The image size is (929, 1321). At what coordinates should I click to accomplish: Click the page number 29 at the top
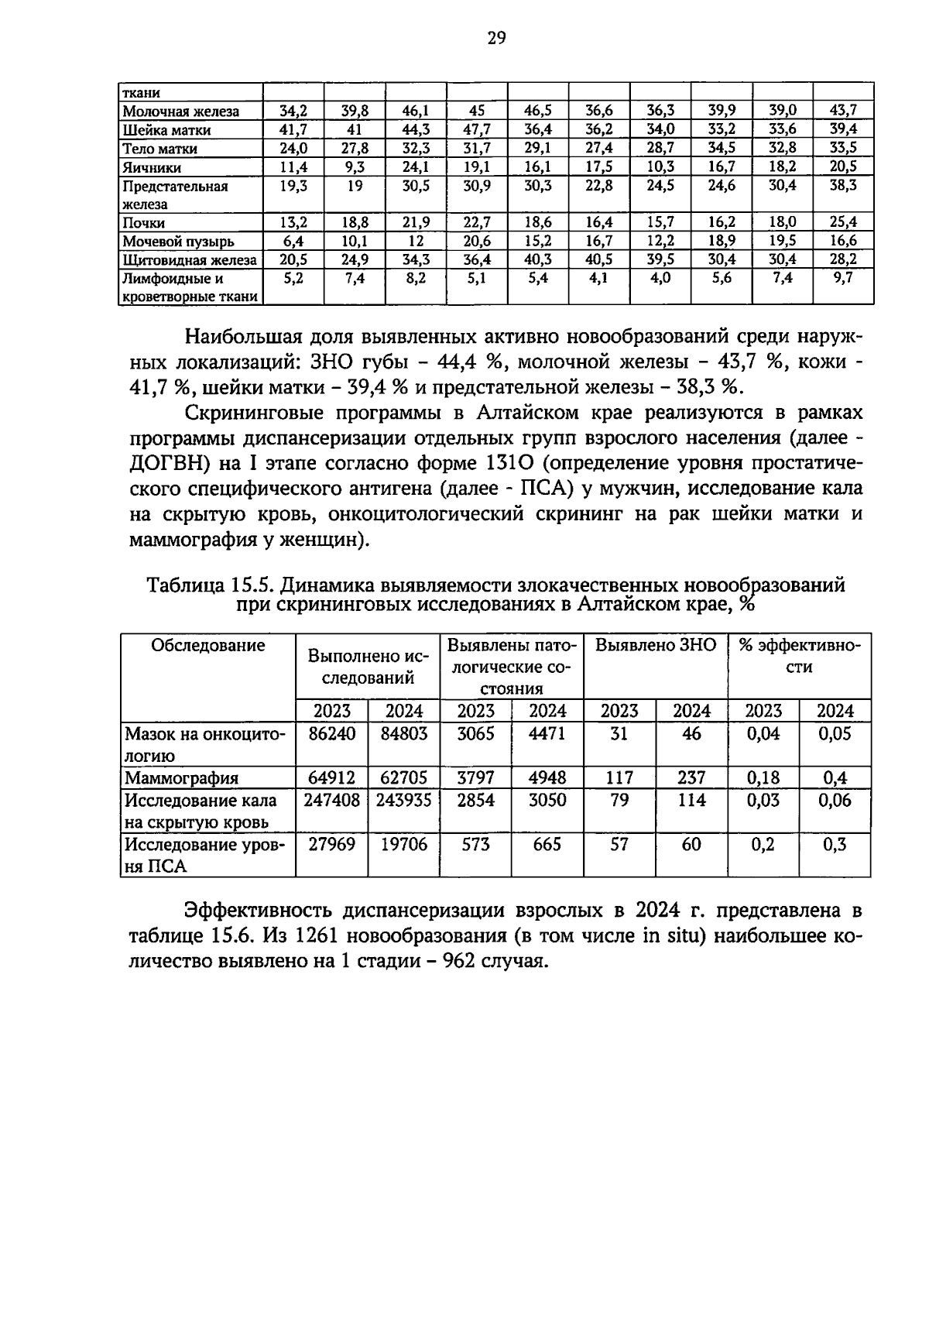(496, 38)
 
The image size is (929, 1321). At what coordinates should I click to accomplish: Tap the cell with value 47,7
(477, 129)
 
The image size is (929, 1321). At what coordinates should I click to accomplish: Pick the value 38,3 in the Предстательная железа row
(843, 186)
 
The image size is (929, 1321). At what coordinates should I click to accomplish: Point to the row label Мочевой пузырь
(178, 242)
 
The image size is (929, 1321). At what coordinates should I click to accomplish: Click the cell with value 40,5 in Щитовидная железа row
(598, 259)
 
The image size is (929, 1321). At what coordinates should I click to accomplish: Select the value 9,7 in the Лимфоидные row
(843, 278)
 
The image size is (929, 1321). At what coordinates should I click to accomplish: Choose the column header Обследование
(207, 646)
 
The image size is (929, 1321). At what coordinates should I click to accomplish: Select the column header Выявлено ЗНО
(655, 646)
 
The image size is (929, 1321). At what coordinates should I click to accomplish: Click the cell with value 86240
(331, 734)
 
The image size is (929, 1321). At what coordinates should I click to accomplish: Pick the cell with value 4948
(547, 777)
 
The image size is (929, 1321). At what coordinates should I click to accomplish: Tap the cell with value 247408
(331, 800)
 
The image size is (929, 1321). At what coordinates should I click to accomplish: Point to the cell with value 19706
(403, 844)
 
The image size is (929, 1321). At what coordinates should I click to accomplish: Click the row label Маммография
(182, 778)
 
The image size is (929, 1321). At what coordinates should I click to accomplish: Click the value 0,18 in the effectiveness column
(763, 777)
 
